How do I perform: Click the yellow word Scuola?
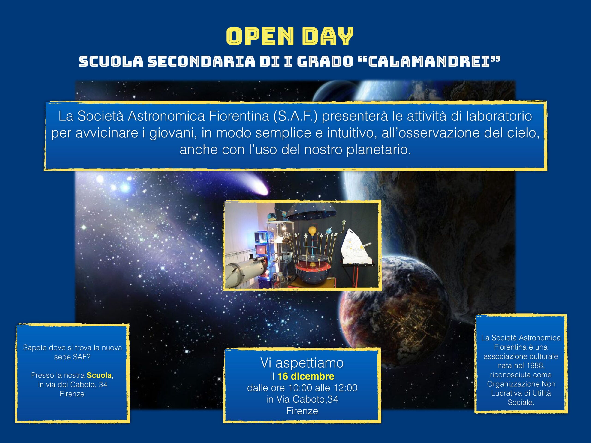pyautogui.click(x=99, y=375)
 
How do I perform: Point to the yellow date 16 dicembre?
pyautogui.click(x=306, y=376)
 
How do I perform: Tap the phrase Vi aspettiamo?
pyautogui.click(x=302, y=363)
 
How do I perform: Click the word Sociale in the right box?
pyautogui.click(x=520, y=402)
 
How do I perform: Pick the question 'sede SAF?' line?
pyautogui.click(x=72, y=357)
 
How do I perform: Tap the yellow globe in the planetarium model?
pyautogui.click(x=312, y=230)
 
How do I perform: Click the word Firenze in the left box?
pyautogui.click(x=72, y=394)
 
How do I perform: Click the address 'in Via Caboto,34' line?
pyautogui.click(x=302, y=399)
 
